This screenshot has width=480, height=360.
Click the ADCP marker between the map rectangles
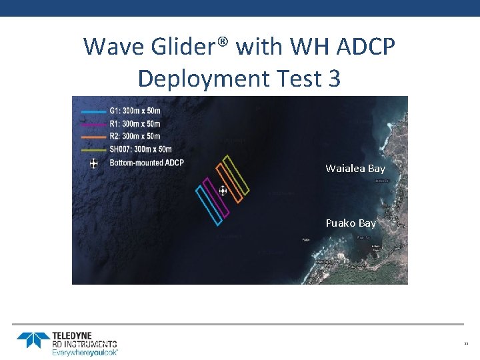click(223, 191)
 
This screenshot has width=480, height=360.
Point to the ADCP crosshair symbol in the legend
click(93, 163)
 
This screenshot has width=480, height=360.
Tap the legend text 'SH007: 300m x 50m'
click(140, 149)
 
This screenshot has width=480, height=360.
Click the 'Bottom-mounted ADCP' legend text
click(146, 162)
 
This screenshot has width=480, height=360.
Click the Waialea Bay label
click(355, 169)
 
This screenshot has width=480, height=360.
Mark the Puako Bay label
click(351, 223)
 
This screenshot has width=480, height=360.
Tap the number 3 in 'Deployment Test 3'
click(334, 79)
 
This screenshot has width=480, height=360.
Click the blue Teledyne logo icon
click(33, 340)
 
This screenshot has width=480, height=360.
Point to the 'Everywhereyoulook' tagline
click(85, 352)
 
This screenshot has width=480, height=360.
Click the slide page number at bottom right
click(466, 344)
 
